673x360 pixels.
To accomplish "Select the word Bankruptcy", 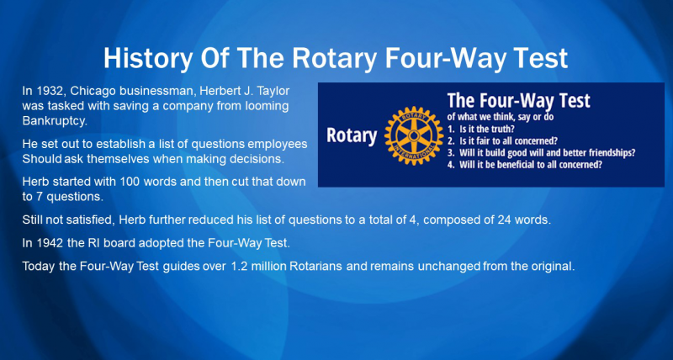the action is pyautogui.click(x=55, y=121).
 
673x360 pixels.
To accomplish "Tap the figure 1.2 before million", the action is pyautogui.click(x=240, y=266).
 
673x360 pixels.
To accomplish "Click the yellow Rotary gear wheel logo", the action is pyautogui.click(x=414, y=135).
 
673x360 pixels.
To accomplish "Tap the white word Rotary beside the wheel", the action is pyautogui.click(x=352, y=135).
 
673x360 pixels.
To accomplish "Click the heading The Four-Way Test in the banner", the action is pyautogui.click(x=518, y=100).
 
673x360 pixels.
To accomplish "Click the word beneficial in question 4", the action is pyautogui.click(x=517, y=165).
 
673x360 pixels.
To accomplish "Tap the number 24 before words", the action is pyautogui.click(x=503, y=220).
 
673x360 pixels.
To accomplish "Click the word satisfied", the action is pyautogui.click(x=92, y=220).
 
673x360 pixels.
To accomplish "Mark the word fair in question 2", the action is pyautogui.click(x=482, y=141).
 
